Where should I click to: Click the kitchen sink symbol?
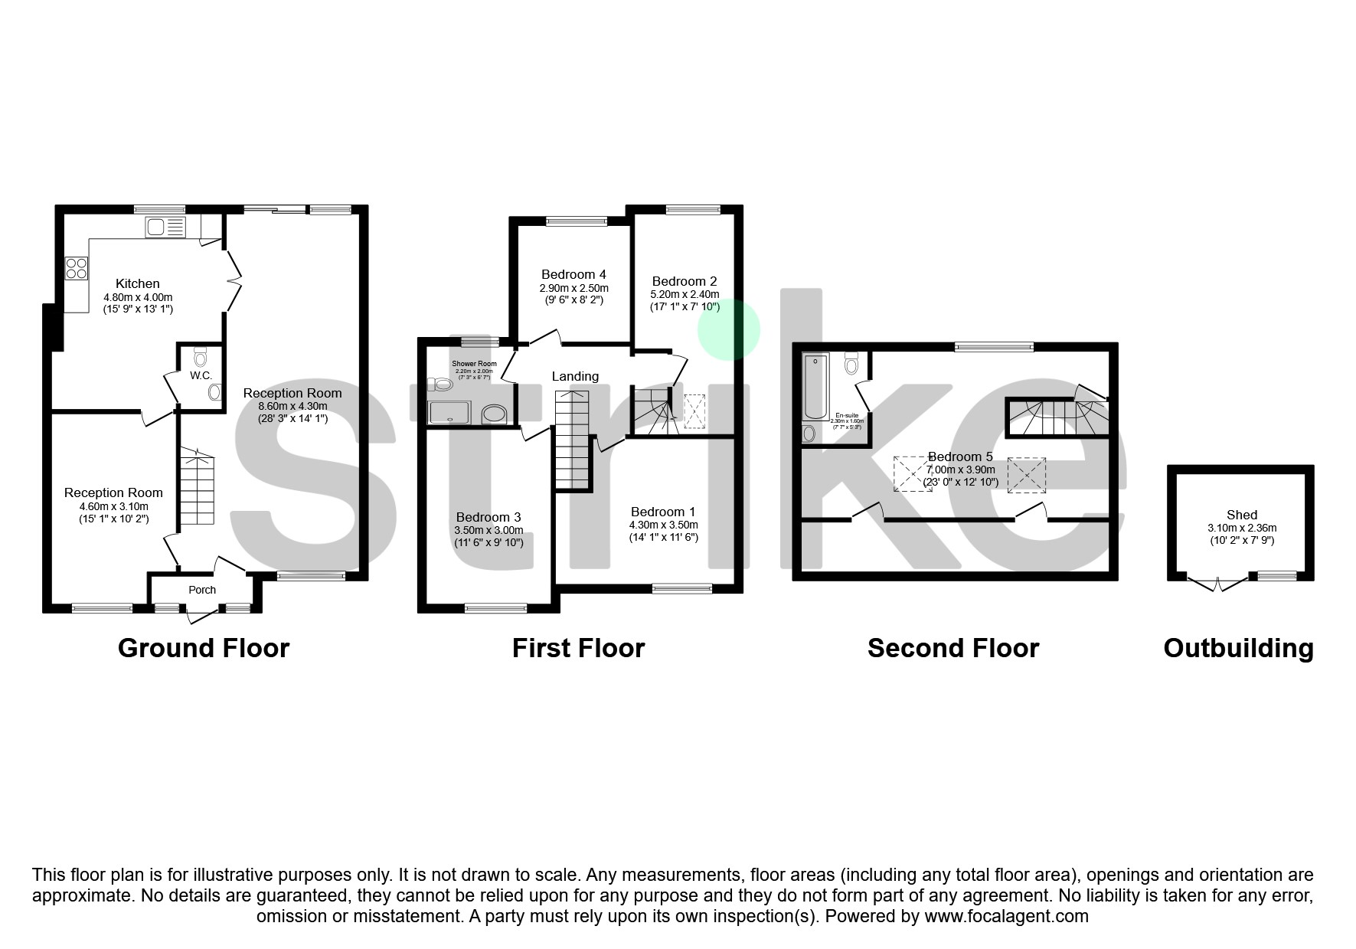coord(165,227)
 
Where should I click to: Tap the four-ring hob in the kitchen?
coord(77,268)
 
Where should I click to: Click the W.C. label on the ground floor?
coord(201,375)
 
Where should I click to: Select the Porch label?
coord(202,590)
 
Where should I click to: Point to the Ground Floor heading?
coord(204,648)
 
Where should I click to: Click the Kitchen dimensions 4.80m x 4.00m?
coord(138,297)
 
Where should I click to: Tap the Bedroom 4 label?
coord(573,274)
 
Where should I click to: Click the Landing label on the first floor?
coord(575,376)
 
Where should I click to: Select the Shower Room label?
coord(474,364)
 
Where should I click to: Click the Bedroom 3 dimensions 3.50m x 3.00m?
coord(488,530)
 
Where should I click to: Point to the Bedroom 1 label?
coord(663,512)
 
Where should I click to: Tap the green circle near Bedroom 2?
coord(728,329)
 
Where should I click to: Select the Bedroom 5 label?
coord(960,457)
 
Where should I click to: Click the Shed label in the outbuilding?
coord(1241,515)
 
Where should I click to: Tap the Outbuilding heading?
coord(1238,648)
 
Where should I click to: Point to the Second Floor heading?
coord(952,648)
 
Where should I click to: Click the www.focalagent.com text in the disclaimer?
coord(1006,916)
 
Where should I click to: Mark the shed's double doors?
coord(1217,584)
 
